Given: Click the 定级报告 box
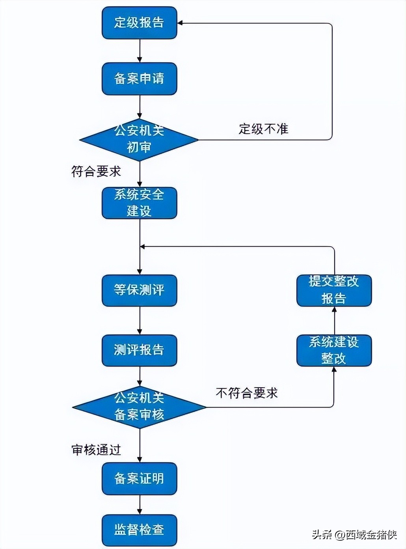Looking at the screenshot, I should click(x=139, y=23).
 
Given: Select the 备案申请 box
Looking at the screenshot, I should click(x=139, y=78).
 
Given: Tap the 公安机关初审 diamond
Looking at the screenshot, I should click(x=139, y=140).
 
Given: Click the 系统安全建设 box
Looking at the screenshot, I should click(x=139, y=203).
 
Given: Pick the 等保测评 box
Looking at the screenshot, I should click(x=139, y=290).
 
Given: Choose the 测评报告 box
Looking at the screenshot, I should click(x=139, y=350).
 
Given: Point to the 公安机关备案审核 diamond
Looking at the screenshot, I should click(x=139, y=407).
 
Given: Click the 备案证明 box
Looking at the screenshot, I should click(x=139, y=478).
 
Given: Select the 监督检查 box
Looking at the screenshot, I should click(x=139, y=530).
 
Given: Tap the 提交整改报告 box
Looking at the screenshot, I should click(x=334, y=290).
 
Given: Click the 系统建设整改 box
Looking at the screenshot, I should click(x=334, y=350).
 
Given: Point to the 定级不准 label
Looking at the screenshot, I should click(x=263, y=129).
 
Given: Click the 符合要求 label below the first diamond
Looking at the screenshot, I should click(x=96, y=172).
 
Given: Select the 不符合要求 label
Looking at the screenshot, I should click(x=247, y=393).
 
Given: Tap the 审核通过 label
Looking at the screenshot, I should click(x=96, y=450).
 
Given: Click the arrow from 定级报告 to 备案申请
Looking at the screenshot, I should click(x=140, y=50).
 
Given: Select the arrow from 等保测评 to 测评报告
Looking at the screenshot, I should click(x=140, y=320).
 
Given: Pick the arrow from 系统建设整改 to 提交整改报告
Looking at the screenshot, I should click(x=334, y=320).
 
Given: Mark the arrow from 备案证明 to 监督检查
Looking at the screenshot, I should click(x=140, y=504).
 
